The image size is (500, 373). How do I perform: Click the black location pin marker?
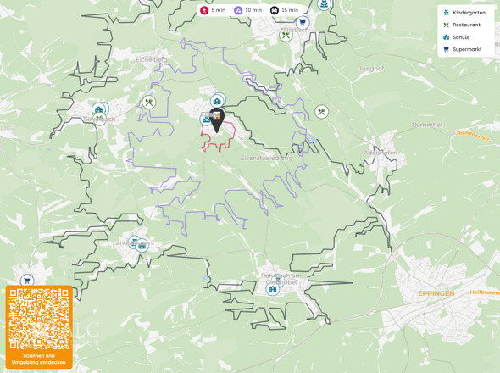coord(217,123)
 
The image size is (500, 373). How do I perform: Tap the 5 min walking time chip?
coord(213,10)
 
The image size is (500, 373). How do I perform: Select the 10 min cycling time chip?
coord(249,10)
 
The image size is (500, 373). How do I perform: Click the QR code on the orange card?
coord(39,320)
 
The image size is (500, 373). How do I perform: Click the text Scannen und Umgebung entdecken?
coord(39,359)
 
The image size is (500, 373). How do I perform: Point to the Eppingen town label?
coord(436,292)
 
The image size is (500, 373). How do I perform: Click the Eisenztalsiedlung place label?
coord(266,158)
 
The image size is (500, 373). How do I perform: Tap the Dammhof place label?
coord(428,125)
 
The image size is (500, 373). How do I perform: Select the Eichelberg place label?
coord(152,60)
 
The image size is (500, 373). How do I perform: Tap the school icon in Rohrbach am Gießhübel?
coord(273,289)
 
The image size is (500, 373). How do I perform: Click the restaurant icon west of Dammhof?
coord(321,112)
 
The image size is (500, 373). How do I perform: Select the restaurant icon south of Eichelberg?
coord(149,103)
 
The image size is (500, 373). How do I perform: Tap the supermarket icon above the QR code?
coord(26,280)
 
